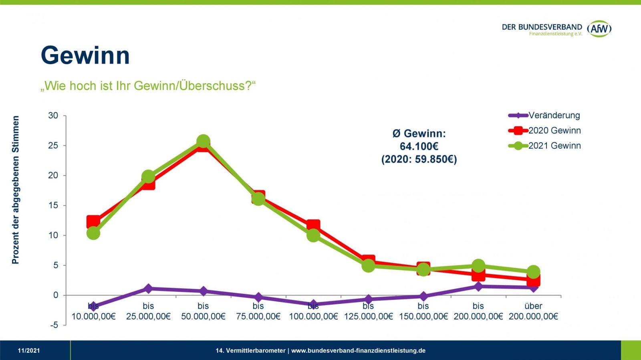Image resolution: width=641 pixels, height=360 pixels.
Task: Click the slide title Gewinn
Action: click(x=85, y=55)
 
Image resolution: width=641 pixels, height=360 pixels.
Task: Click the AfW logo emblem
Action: click(x=599, y=28)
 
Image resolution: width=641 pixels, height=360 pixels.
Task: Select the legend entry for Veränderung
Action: click(x=554, y=115)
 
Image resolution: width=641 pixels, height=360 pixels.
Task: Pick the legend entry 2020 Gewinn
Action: click(x=554, y=131)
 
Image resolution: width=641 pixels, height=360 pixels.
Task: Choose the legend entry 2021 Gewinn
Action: click(x=554, y=146)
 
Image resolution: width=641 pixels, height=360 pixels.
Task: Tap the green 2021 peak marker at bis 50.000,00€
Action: click(x=203, y=141)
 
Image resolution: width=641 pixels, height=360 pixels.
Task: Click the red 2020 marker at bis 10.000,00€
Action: click(x=93, y=221)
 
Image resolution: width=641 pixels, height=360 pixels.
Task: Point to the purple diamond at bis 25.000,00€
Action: click(x=148, y=288)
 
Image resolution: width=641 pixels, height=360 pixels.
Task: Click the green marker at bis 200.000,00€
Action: click(x=478, y=266)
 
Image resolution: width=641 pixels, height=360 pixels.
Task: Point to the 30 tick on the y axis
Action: click(x=53, y=115)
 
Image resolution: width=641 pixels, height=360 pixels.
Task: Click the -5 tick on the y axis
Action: click(x=54, y=325)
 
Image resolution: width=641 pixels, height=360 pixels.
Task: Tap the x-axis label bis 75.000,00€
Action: click(x=258, y=311)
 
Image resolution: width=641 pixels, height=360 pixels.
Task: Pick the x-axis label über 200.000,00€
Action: click(x=533, y=311)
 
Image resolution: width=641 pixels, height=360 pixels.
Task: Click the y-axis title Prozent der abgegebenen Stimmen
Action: click(x=16, y=190)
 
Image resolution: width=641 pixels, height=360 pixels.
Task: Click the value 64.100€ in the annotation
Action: click(x=419, y=146)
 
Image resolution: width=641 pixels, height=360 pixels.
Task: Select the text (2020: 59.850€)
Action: click(x=419, y=159)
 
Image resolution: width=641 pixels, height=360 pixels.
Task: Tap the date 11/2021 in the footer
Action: click(x=29, y=351)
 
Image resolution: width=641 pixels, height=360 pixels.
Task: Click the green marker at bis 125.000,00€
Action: click(x=368, y=265)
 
